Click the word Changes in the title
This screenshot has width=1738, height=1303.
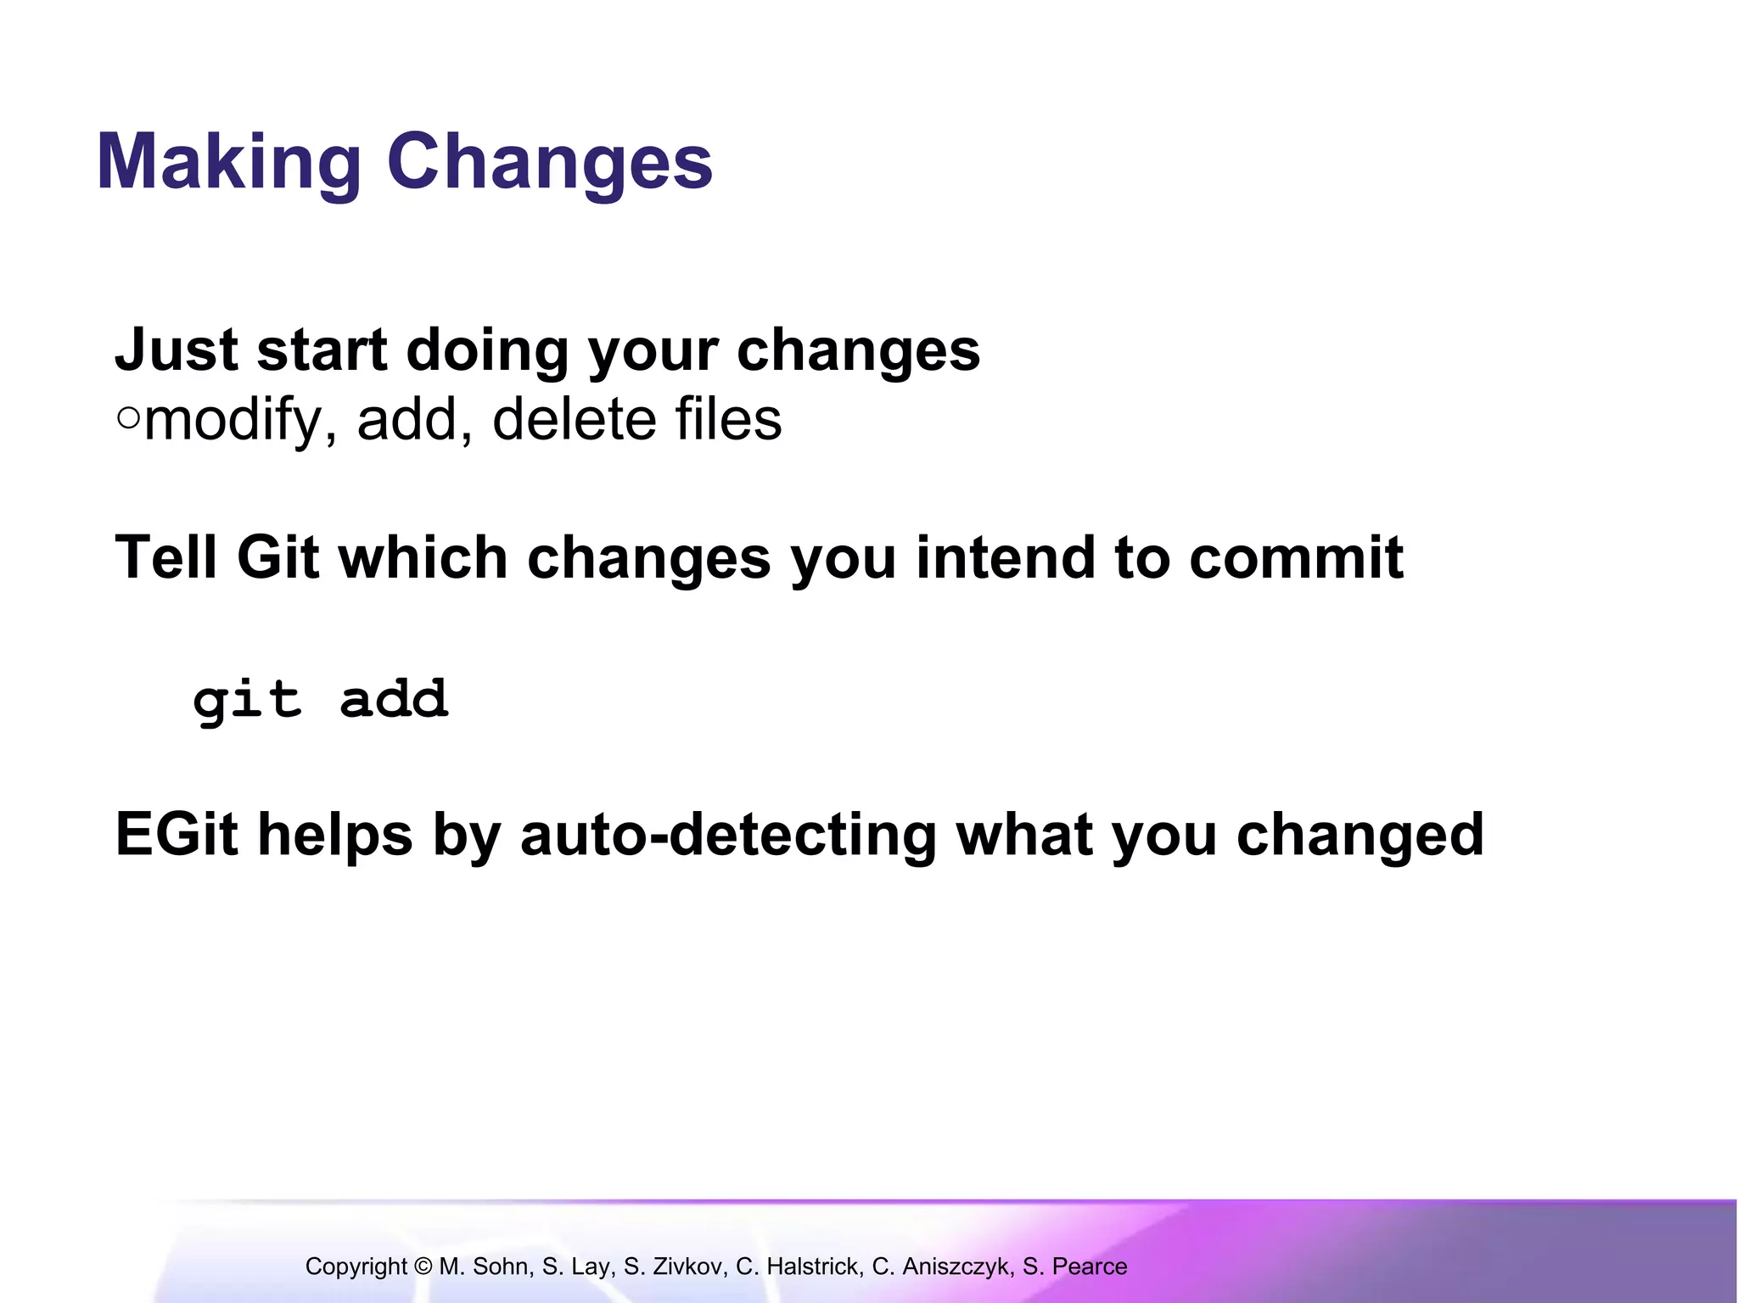click(x=549, y=163)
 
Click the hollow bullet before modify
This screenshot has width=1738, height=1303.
click(x=128, y=418)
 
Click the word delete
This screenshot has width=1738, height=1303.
click(x=574, y=420)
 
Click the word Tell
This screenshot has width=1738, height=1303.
click(x=166, y=557)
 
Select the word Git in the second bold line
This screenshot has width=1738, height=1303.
click(x=278, y=557)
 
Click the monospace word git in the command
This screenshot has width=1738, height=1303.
click(x=247, y=701)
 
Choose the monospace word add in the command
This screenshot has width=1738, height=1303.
click(x=394, y=699)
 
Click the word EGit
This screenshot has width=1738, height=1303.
click(x=177, y=834)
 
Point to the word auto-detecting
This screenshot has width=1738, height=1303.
click(x=728, y=834)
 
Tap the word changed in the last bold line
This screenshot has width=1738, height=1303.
click(x=1360, y=834)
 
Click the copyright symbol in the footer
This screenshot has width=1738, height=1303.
click(x=423, y=1267)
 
